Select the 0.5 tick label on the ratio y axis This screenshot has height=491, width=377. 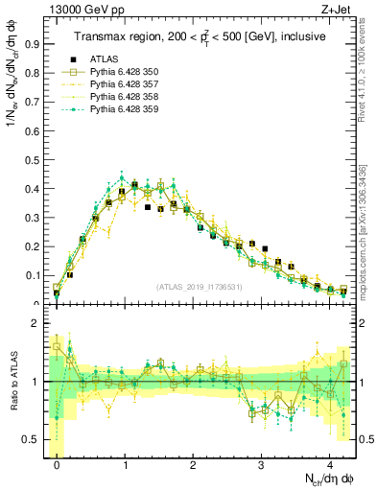[34, 440]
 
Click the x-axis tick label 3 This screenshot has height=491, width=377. [262, 461]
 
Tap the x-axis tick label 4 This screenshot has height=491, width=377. [330, 461]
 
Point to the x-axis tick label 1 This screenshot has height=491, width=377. [126, 461]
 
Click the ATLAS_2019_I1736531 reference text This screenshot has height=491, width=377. [200, 287]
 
